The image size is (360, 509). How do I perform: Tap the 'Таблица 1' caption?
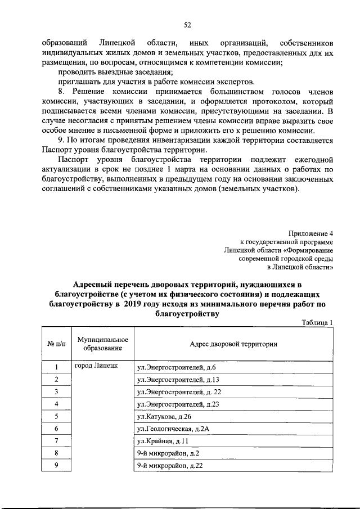[317, 322]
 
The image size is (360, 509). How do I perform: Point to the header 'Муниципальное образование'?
[103, 344]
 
